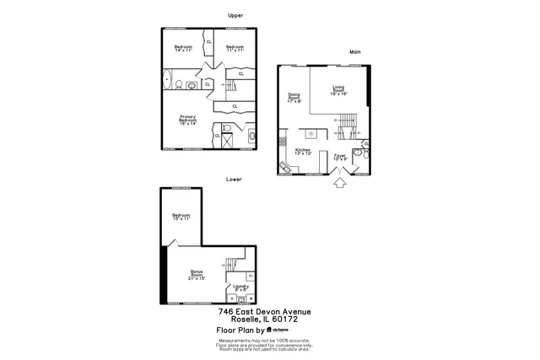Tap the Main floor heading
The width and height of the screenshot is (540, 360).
click(x=355, y=51)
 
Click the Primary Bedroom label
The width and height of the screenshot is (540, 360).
click(x=187, y=120)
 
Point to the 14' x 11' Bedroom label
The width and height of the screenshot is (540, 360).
click(x=183, y=48)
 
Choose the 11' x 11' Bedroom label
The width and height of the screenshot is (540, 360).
click(x=234, y=48)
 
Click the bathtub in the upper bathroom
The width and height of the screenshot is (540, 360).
click(x=166, y=82)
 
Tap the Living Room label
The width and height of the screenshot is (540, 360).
click(x=339, y=90)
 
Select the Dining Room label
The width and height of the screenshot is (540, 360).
click(x=294, y=98)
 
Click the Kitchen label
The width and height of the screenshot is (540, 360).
click(x=303, y=151)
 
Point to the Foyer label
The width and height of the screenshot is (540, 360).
click(x=340, y=157)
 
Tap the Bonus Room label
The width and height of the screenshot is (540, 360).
click(x=197, y=275)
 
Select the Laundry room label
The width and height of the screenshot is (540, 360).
click(x=240, y=287)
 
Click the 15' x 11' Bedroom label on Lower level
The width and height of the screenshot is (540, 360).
click(x=181, y=218)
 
